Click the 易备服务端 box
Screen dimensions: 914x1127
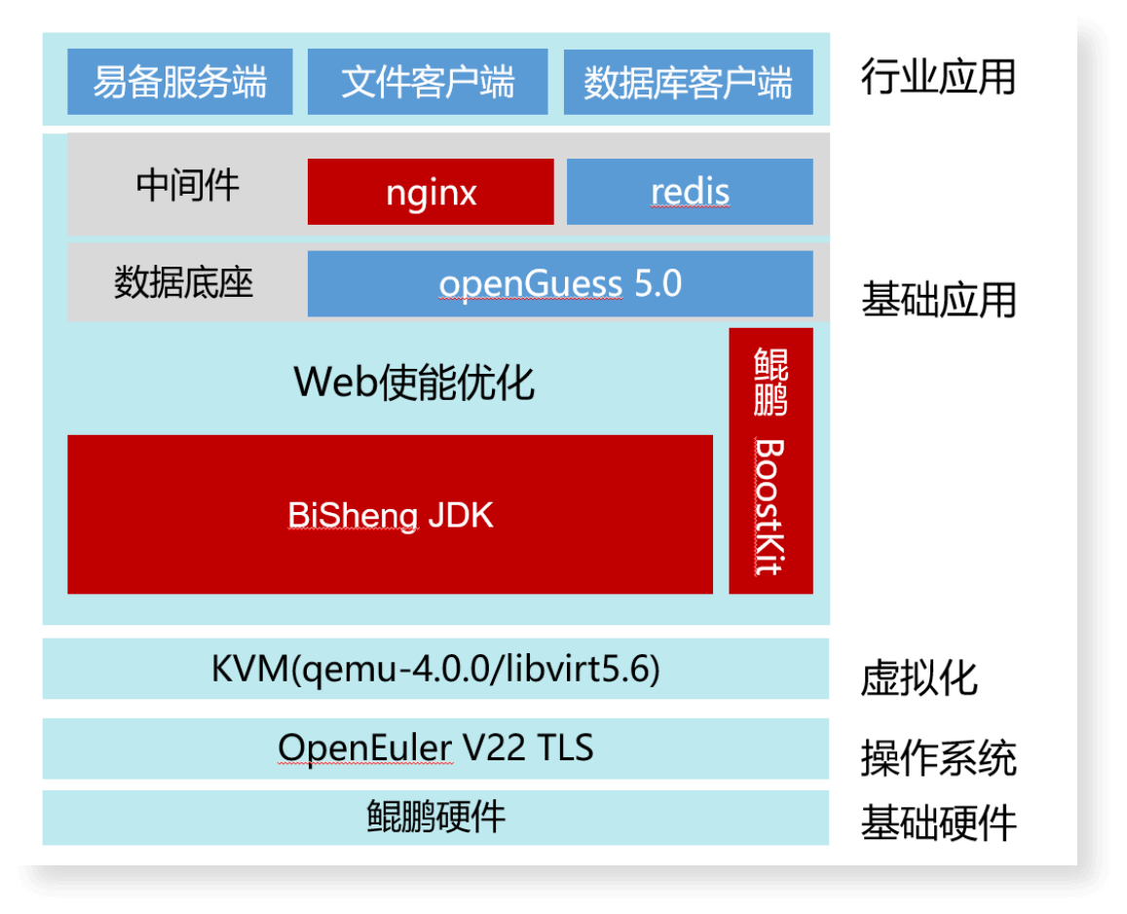pyautogui.click(x=179, y=82)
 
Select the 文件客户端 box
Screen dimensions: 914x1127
pyautogui.click(x=428, y=82)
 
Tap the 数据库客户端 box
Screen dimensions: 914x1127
pyautogui.click(x=688, y=82)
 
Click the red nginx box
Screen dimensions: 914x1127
pyautogui.click(x=431, y=192)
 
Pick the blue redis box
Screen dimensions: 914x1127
pyautogui.click(x=690, y=192)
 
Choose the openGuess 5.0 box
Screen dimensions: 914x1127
pyautogui.click(x=560, y=284)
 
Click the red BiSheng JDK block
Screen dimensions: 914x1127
pyautogui.click(x=390, y=514)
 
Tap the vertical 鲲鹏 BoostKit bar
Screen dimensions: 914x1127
pyautogui.click(x=770, y=460)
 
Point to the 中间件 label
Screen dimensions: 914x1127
pyautogui.click(x=187, y=184)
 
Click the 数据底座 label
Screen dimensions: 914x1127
pyautogui.click(x=183, y=283)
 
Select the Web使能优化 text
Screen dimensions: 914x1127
pyautogui.click(x=414, y=383)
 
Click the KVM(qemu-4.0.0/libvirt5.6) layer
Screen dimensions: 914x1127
pyautogui.click(x=435, y=669)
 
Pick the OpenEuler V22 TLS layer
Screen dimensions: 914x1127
pyautogui.click(x=435, y=749)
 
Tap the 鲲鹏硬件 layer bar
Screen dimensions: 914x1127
pyautogui.click(x=435, y=817)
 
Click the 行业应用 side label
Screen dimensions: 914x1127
pyautogui.click(x=937, y=77)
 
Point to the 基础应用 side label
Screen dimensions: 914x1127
pyautogui.click(x=938, y=301)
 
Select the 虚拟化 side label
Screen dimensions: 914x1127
pyautogui.click(x=919, y=678)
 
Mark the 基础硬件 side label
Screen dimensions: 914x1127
pyautogui.click(x=938, y=823)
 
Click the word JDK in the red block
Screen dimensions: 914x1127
pyautogui.click(x=461, y=515)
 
